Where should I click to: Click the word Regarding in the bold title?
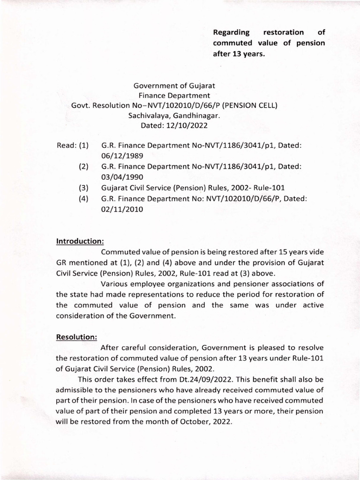coord(232,32)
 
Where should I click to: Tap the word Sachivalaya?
coord(150,115)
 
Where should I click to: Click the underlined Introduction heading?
coord(80,241)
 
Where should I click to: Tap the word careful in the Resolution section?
coord(141,347)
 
